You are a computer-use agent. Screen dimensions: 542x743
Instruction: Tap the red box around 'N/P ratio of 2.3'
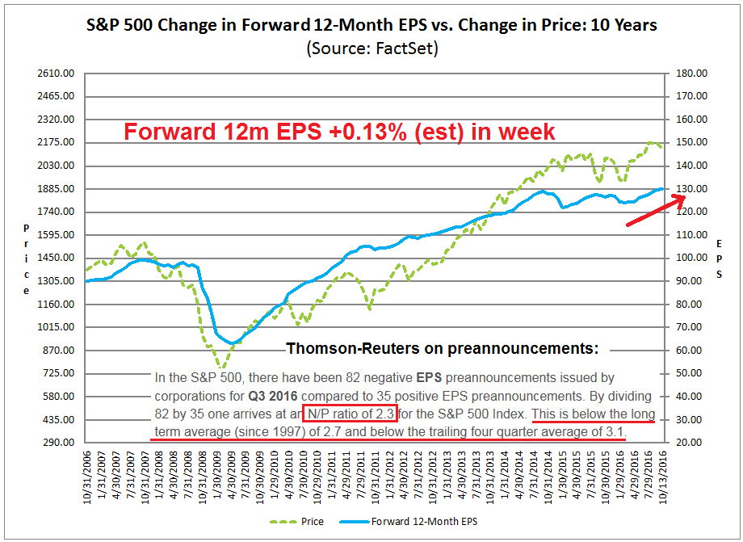tap(350, 414)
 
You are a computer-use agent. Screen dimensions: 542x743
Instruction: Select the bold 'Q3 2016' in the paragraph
tap(277, 396)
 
